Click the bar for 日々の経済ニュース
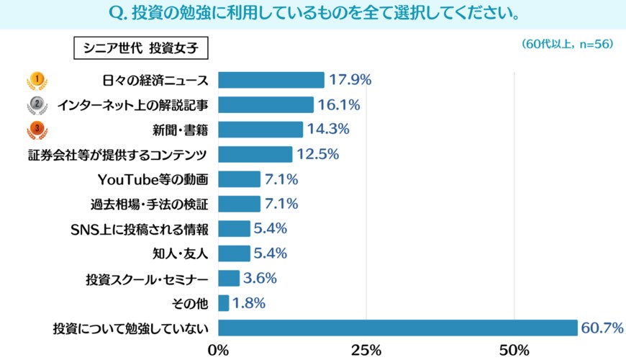[271, 80]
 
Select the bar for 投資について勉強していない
[397, 328]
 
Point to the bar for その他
[223, 303]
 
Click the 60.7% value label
[602, 328]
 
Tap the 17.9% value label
[350, 80]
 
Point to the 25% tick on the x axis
[366, 351]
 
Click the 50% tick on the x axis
[515, 351]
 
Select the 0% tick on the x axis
[218, 351]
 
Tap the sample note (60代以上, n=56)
[567, 44]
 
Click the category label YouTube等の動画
[153, 179]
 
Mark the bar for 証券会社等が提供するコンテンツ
[255, 155]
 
